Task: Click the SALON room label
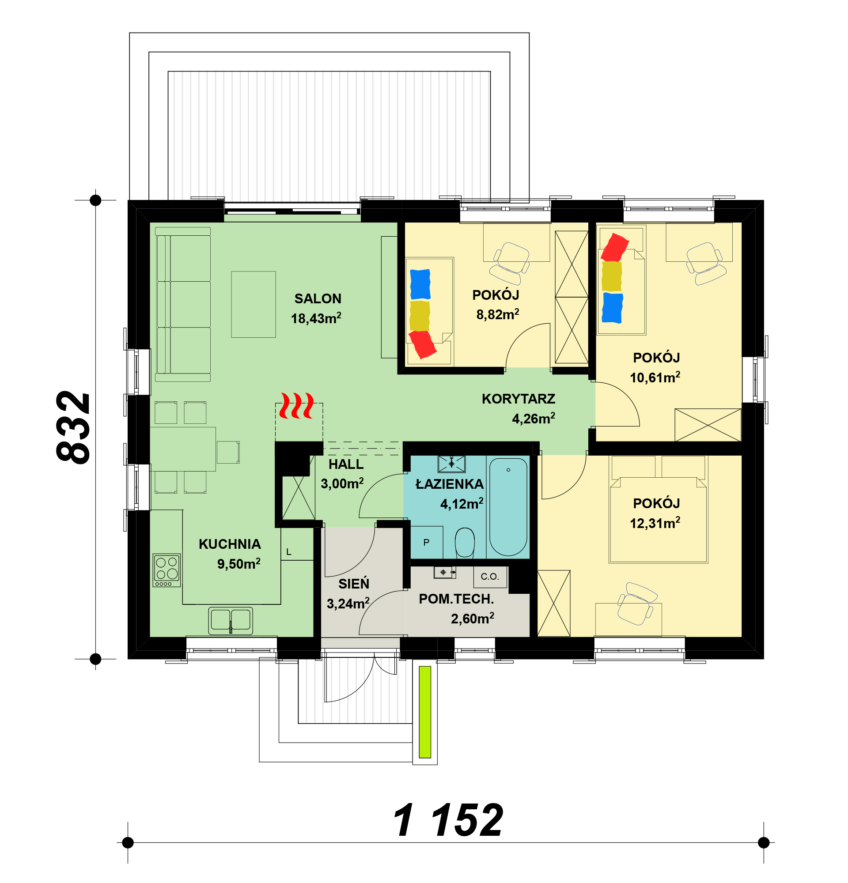[x=318, y=299]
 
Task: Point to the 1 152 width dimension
[x=448, y=820]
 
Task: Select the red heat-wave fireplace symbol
[x=297, y=405]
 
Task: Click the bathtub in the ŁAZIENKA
[x=508, y=507]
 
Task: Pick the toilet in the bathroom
[x=465, y=543]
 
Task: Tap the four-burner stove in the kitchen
[x=167, y=570]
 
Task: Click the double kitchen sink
[x=231, y=620]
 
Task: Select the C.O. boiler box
[x=490, y=577]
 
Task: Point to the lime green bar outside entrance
[x=425, y=712]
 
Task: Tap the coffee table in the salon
[x=254, y=304]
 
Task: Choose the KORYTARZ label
[x=518, y=399]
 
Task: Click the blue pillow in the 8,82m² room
[x=420, y=284]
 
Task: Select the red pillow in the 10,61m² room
[x=615, y=247]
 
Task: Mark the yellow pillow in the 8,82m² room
[x=420, y=316]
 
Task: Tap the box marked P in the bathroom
[x=427, y=543]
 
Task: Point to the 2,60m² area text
[x=472, y=619]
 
